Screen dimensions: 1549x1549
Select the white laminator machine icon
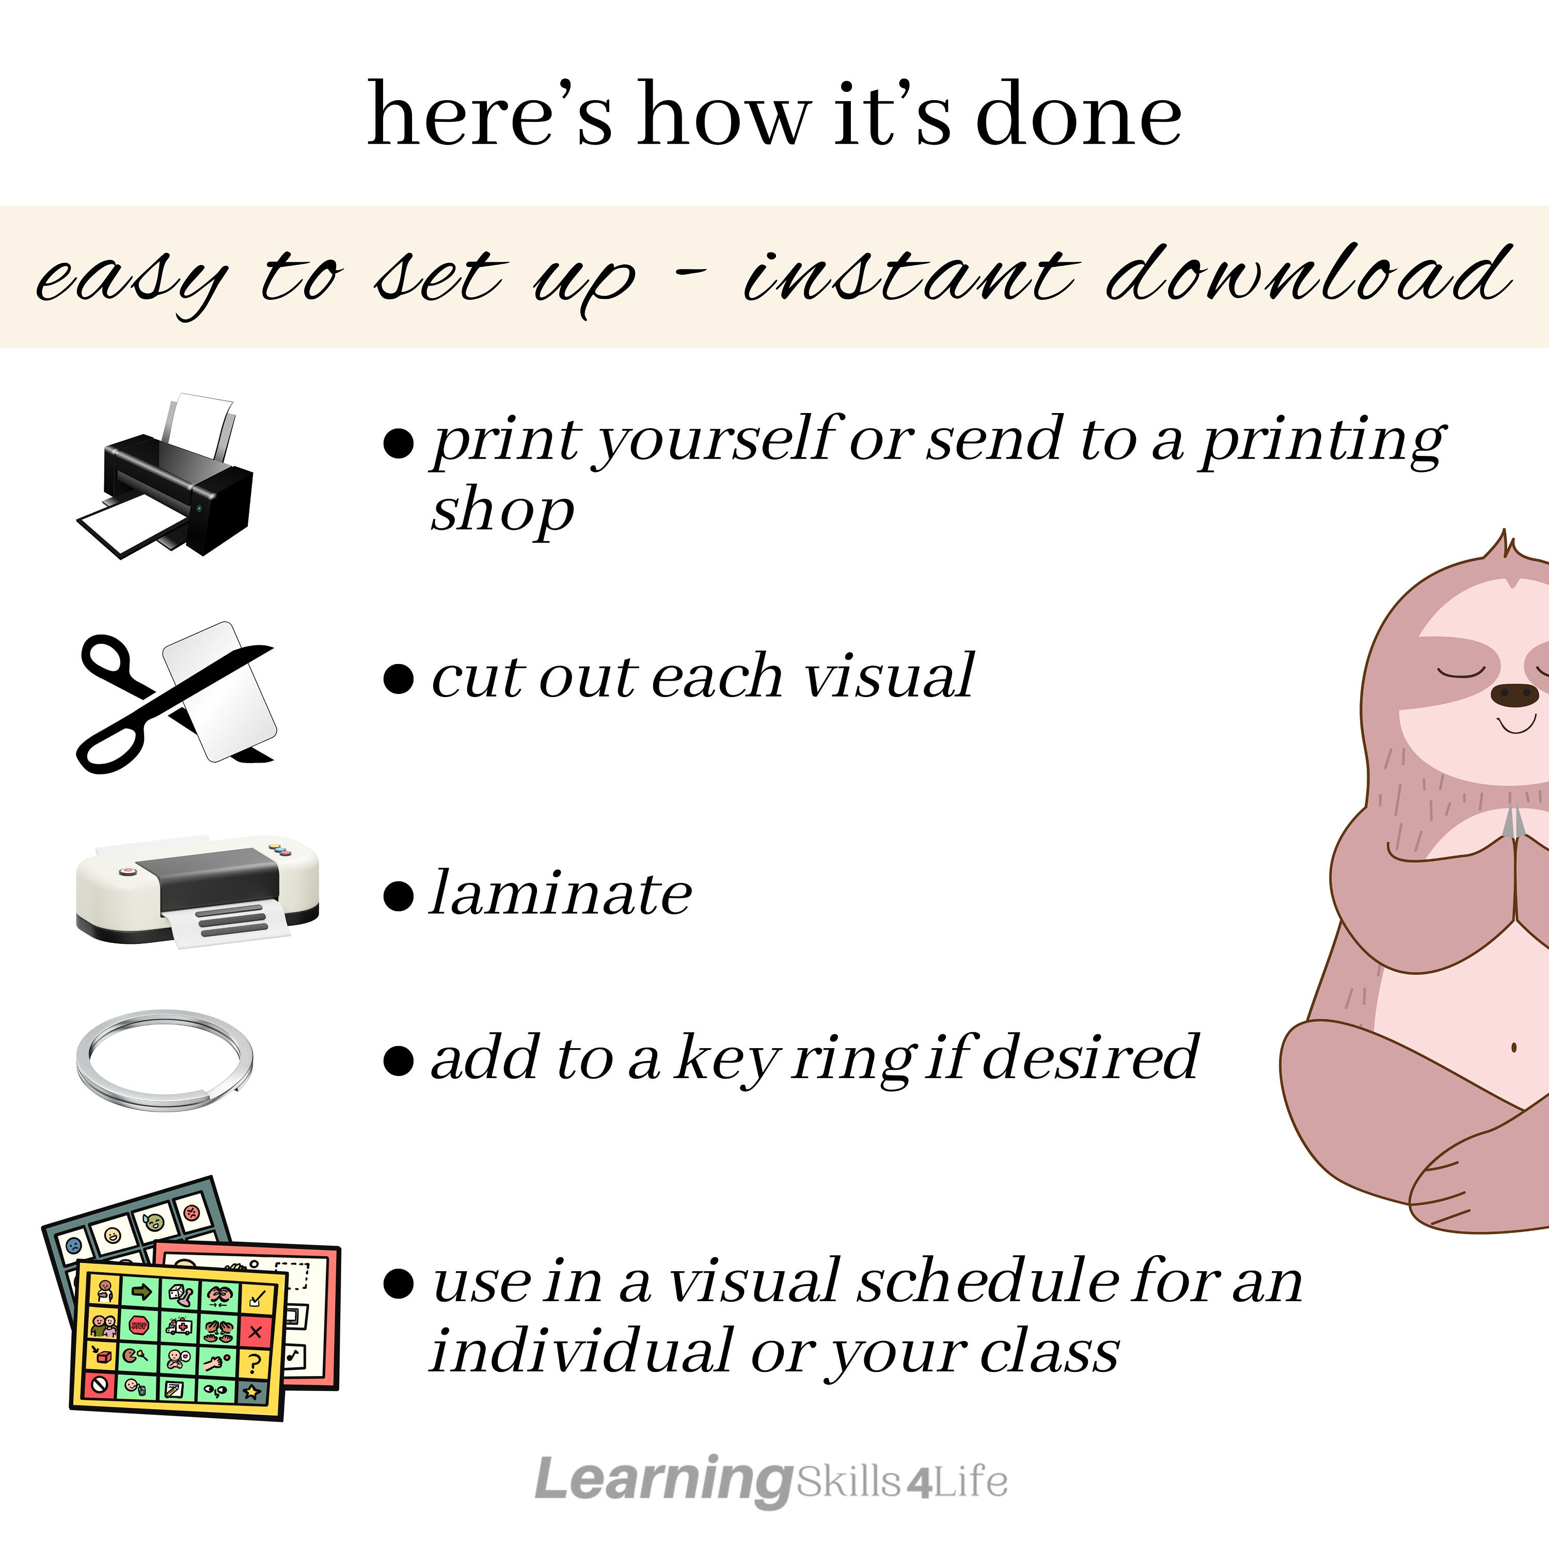[x=196, y=890]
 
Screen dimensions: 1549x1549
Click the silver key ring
[x=164, y=1060]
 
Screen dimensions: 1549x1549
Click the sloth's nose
[x=1514, y=694]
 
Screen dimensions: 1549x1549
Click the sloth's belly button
[x=1514, y=1047]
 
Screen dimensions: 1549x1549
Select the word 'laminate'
[x=560, y=893]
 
